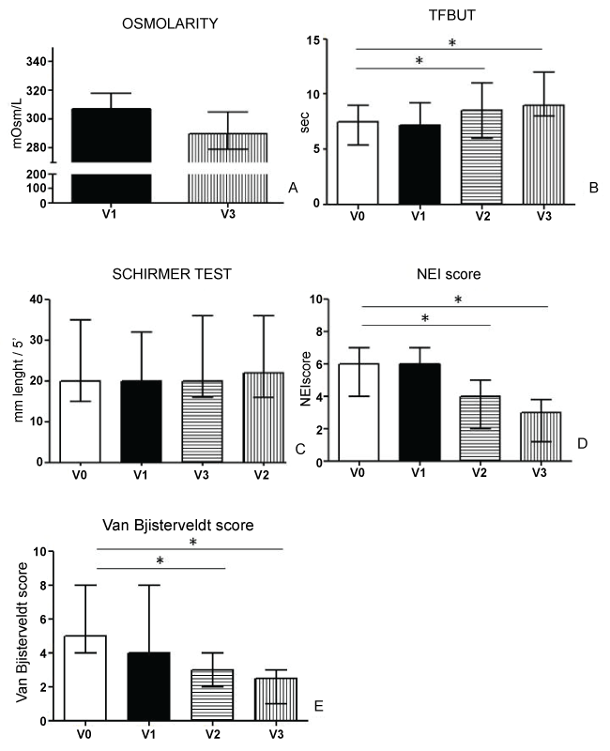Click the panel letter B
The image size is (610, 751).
pyautogui.click(x=592, y=189)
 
